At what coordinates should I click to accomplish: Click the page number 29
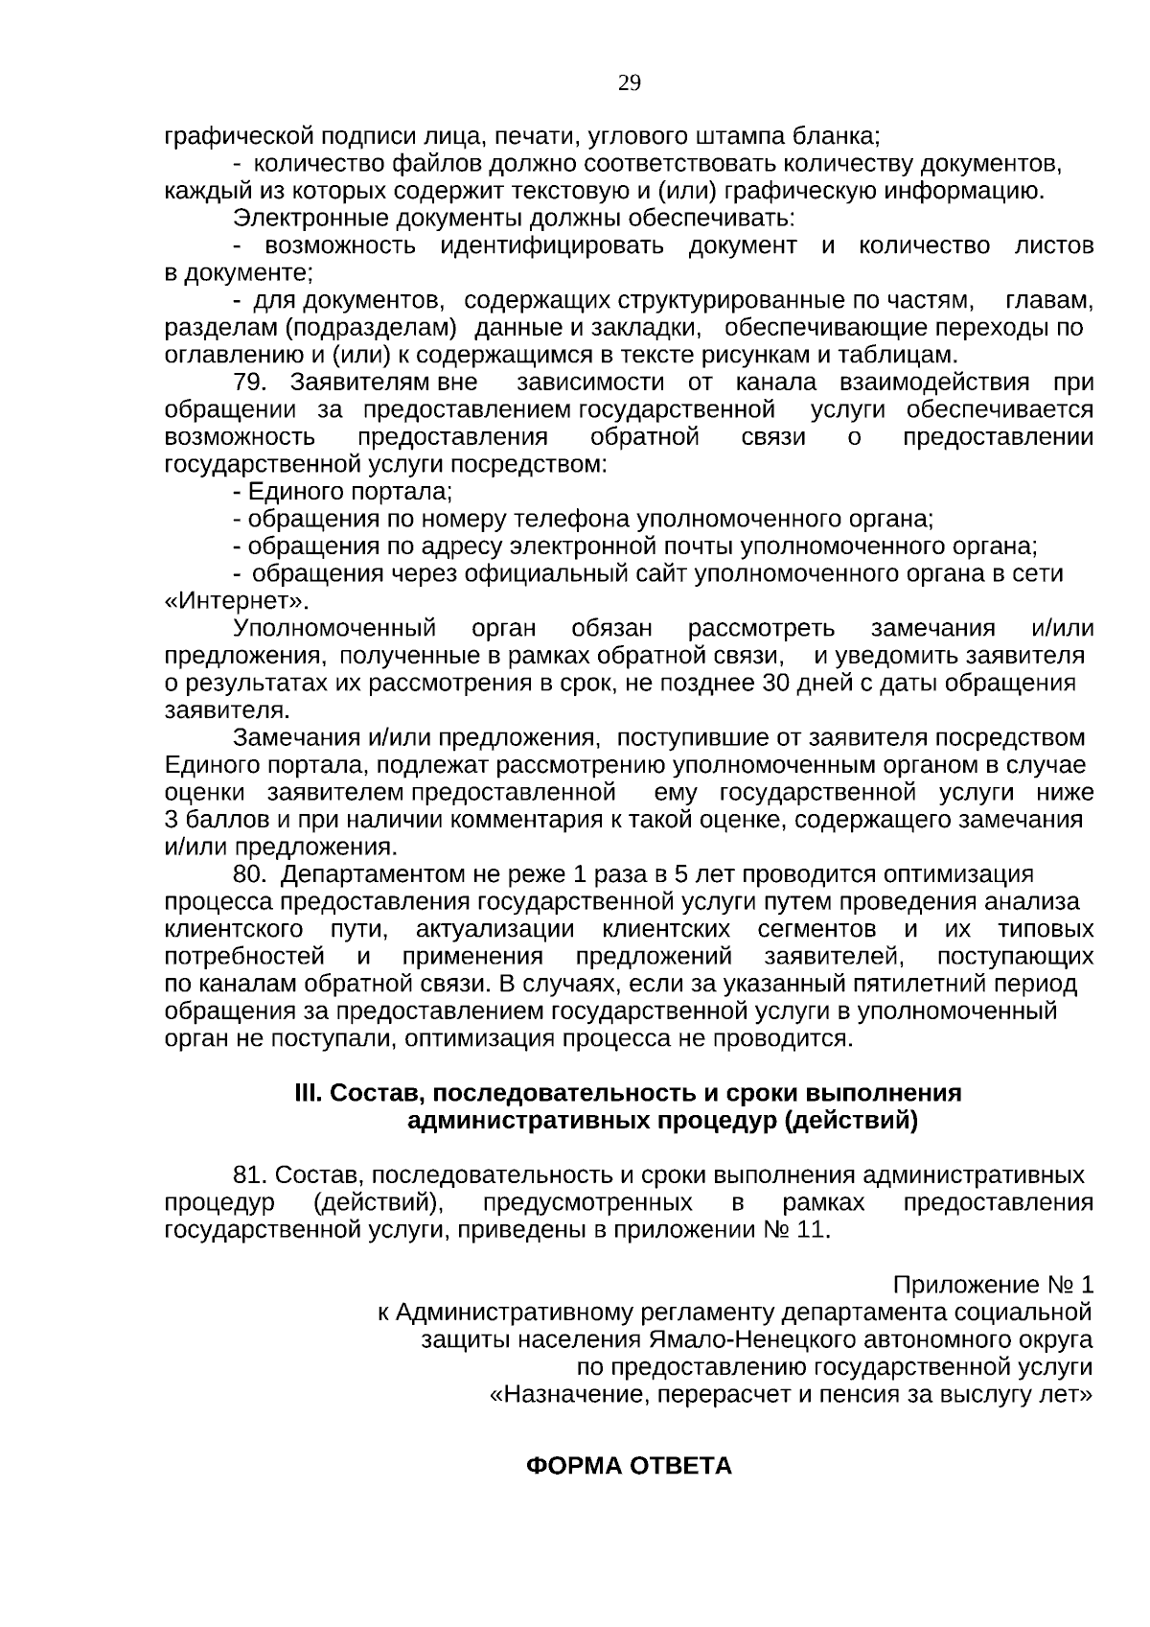point(630,83)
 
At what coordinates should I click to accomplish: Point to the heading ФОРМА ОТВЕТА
point(630,1466)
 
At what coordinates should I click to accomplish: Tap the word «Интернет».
point(237,602)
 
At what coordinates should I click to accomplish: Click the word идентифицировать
point(552,246)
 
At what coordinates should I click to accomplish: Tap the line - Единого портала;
point(342,492)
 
